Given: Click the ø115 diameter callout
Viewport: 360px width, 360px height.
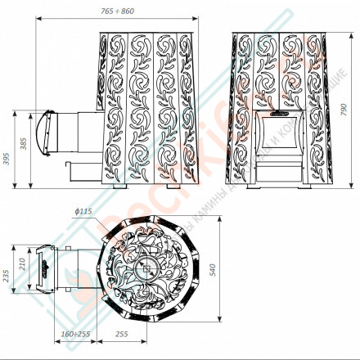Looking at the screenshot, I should coord(83,213).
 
